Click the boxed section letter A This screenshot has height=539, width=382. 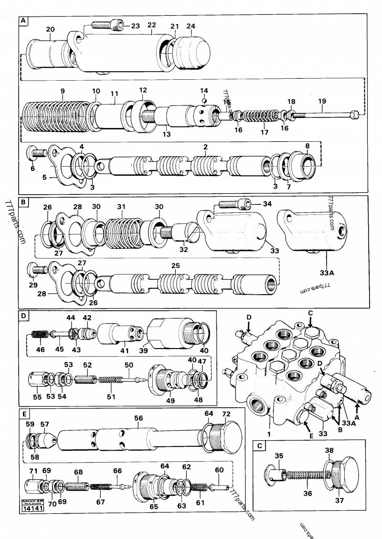[x=23, y=21]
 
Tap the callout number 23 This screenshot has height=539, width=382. [x=136, y=26]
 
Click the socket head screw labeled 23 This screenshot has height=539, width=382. [x=106, y=24]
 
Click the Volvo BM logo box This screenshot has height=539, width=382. [x=32, y=502]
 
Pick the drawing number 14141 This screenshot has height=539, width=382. [x=32, y=509]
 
